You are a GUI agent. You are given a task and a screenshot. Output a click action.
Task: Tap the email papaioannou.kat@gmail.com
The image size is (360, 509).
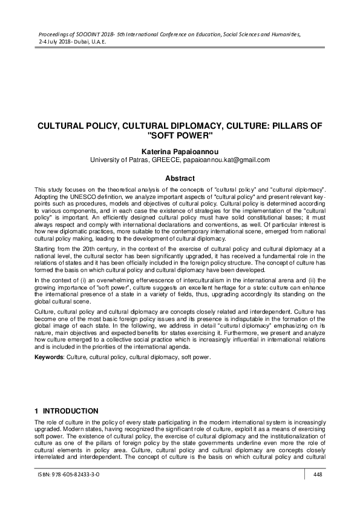pyautogui.click(x=231, y=160)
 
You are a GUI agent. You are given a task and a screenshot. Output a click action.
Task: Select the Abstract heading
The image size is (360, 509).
pyautogui.click(x=180, y=178)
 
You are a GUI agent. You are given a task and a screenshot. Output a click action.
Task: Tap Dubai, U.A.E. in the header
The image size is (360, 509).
pyautogui.click(x=90, y=44)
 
